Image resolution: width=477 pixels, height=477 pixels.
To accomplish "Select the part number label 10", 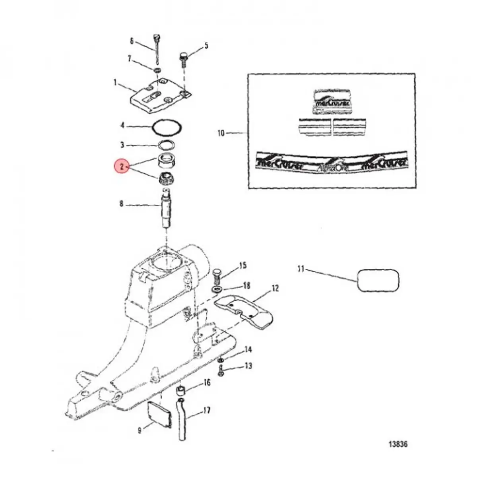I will [221, 133].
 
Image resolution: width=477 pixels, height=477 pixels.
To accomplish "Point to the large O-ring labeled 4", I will [167, 128].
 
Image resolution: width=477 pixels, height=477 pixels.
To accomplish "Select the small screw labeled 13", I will [221, 371].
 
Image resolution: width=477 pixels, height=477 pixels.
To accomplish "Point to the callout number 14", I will [248, 350].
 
